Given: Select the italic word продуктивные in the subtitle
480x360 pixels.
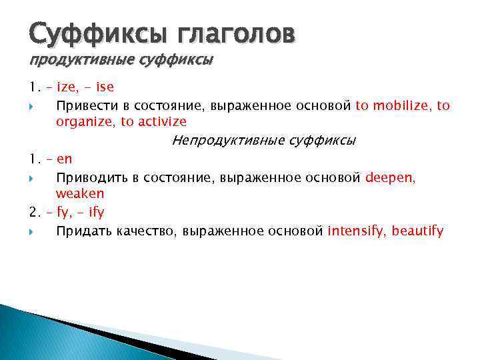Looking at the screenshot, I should tap(73, 60).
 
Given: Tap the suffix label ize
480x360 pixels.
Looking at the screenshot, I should tap(67, 87).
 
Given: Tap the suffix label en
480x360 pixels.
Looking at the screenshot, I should tap(65, 159).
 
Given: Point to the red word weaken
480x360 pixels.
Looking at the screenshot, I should tap(80, 193).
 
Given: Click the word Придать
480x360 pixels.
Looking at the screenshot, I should tap(84, 231).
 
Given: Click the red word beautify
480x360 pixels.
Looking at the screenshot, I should tap(418, 231).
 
